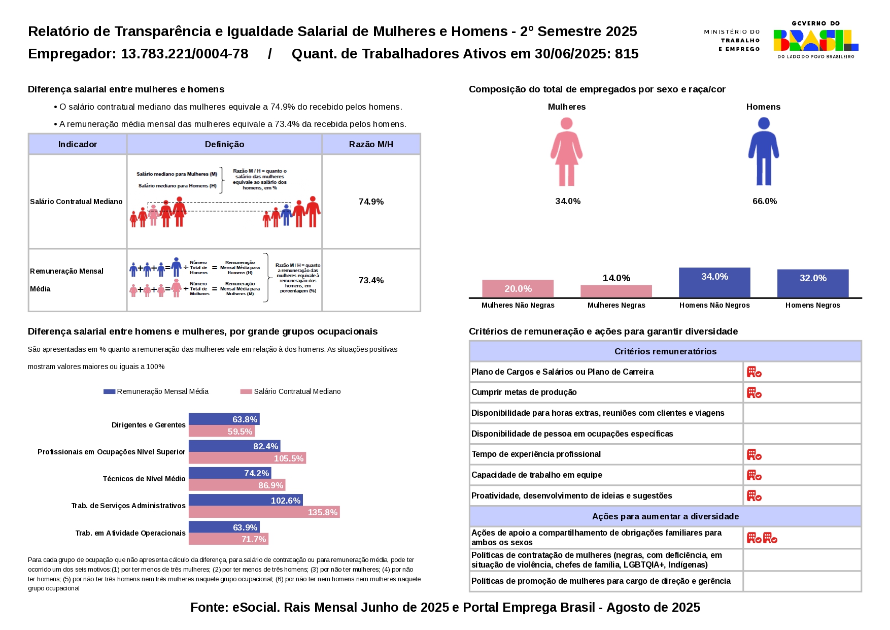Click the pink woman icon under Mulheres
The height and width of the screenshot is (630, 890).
pos(566,152)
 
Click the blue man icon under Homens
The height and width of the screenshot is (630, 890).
pos(763,152)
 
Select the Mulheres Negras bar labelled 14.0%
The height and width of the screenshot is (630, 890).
pos(616,291)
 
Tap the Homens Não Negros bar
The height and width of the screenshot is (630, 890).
pos(714,283)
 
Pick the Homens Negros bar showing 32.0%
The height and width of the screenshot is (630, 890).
pos(812,283)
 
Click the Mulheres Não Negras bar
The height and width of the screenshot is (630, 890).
pos(518,289)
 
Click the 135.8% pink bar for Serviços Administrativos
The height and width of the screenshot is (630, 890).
pos(264,512)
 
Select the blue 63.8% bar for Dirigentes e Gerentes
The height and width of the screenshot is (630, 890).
pos(224,419)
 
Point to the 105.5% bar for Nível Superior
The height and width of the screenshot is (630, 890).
pos(247,458)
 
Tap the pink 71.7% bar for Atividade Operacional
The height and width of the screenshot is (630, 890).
pos(228,539)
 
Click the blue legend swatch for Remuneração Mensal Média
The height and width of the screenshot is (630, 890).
pos(109,391)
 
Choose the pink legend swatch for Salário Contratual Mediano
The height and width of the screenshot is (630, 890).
pos(246,391)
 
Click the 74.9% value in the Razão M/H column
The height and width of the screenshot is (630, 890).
pos(371,202)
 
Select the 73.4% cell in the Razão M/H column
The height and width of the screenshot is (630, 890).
pos(371,280)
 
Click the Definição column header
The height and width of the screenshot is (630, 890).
pos(224,144)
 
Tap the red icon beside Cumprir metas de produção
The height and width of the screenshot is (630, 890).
pos(754,393)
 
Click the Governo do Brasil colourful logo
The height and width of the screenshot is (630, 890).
pos(815,40)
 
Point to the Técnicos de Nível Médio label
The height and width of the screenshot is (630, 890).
pos(144,479)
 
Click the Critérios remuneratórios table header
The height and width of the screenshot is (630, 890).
pos(665,351)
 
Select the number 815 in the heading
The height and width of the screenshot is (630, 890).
pos(627,54)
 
